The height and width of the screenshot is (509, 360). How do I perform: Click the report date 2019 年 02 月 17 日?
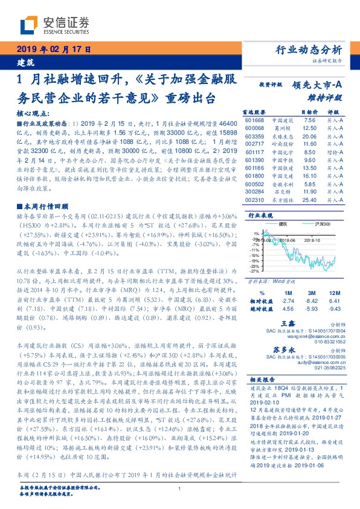click(53, 50)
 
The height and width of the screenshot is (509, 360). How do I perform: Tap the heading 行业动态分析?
click(309, 50)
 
